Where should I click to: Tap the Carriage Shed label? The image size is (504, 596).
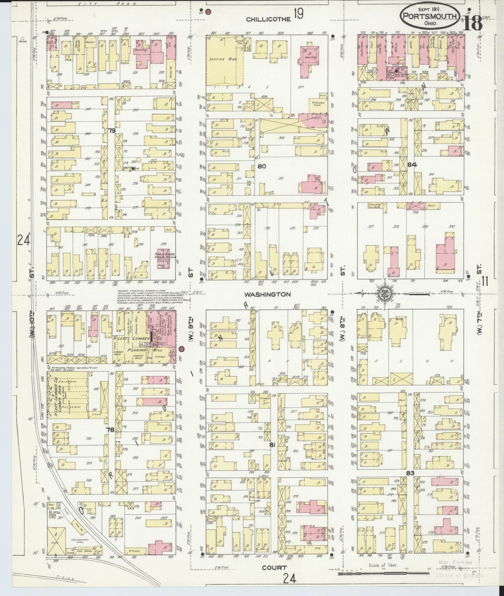click(x=316, y=106)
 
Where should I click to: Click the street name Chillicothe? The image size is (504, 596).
click(x=268, y=20)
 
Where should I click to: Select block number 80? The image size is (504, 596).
click(x=262, y=166)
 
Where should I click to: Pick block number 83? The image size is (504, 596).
click(x=410, y=473)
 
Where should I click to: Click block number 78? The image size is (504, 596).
click(x=110, y=430)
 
